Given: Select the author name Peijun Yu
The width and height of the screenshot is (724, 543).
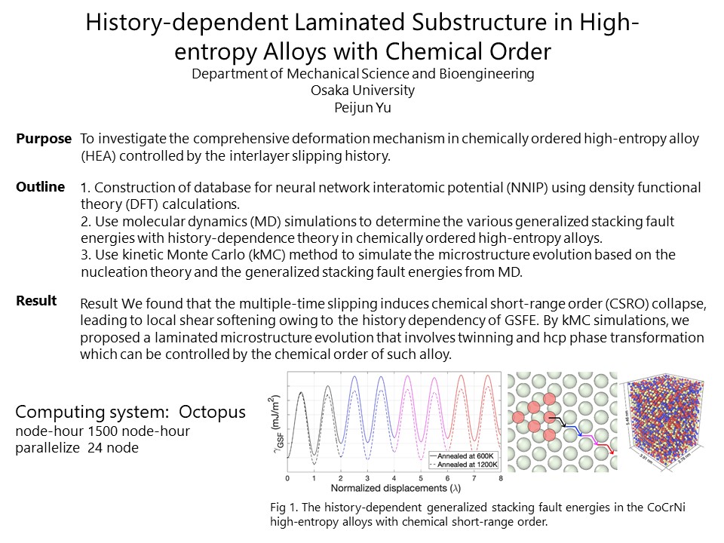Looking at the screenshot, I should (x=363, y=107).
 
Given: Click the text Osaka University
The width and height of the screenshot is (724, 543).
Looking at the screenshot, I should (x=363, y=90).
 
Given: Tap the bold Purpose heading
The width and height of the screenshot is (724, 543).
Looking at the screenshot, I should (x=44, y=140).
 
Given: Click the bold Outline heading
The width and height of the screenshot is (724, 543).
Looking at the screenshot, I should (x=41, y=187).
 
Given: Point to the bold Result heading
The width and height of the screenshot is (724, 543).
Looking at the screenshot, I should (x=37, y=301).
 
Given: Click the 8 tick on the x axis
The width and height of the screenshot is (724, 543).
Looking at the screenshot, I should (x=501, y=479).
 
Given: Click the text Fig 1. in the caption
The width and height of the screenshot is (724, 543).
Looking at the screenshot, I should (x=281, y=507).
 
